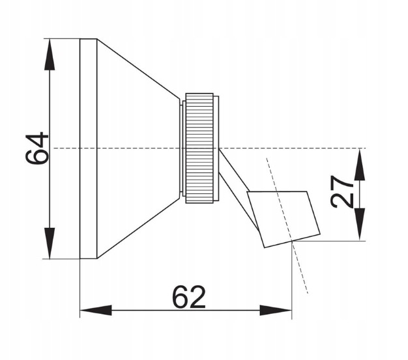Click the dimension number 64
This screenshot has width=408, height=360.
point(37,148)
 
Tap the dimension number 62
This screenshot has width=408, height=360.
point(189,297)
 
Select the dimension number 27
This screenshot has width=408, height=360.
point(342,192)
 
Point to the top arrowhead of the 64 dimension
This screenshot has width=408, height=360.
point(50,55)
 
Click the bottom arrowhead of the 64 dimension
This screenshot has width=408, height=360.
point(50,243)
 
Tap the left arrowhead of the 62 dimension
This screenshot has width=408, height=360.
point(96,311)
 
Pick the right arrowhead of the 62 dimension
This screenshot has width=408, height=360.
point(276,311)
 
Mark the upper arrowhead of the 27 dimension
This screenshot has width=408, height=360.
point(360,165)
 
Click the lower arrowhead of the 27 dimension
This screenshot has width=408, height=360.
point(360,225)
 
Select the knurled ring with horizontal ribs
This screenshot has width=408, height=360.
point(199,148)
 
